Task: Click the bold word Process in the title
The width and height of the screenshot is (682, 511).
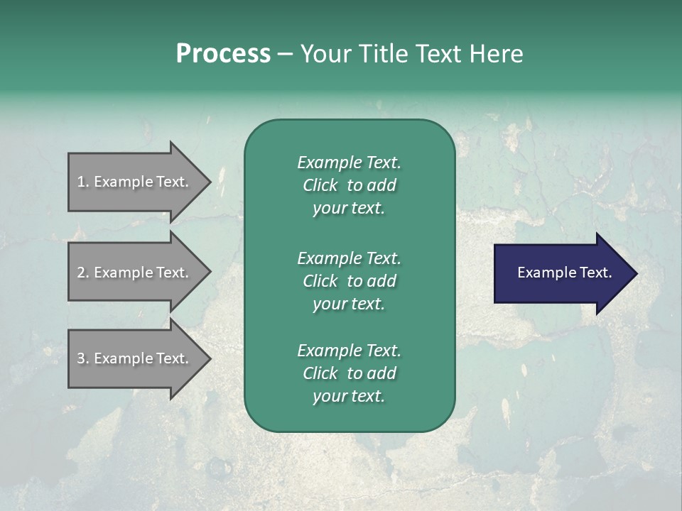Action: pos(223,54)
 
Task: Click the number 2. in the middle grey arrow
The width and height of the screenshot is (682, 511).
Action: pos(83,273)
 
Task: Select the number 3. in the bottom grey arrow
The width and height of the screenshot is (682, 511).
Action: pos(83,358)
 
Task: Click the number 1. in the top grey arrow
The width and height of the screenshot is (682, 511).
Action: pos(83,182)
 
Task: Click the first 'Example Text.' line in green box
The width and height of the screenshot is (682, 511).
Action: pos(349,163)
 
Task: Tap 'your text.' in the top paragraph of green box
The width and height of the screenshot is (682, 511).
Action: pos(349,209)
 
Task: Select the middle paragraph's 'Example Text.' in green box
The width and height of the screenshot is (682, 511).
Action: pos(349,258)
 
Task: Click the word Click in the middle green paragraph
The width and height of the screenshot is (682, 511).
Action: pos(320,281)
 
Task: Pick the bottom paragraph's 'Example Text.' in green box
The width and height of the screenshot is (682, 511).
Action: pos(349,351)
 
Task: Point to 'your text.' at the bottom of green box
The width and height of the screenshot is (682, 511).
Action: pos(349,397)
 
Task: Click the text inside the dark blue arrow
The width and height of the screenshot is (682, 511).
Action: pos(564,273)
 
